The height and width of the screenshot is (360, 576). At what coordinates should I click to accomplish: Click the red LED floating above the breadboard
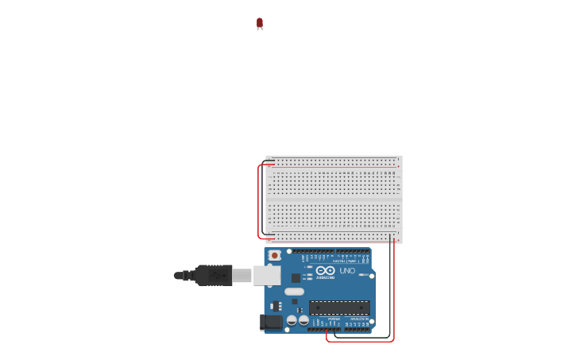[x=260, y=23]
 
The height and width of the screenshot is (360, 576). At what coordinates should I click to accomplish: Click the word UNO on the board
[x=347, y=271]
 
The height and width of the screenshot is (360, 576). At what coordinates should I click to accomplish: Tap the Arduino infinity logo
[x=325, y=270]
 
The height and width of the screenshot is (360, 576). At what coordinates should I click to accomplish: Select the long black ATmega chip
[x=339, y=308]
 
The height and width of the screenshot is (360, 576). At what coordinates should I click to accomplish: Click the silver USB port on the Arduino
[x=266, y=276]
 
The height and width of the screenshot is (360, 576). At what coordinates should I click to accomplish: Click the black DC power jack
[x=271, y=322]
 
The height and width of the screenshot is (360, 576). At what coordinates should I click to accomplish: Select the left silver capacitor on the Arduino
[x=292, y=320]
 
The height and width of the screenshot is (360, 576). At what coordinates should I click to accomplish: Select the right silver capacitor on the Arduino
[x=303, y=320]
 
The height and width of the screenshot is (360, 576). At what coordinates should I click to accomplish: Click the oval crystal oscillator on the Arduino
[x=295, y=292]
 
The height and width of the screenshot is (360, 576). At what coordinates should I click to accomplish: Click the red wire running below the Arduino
[x=359, y=342]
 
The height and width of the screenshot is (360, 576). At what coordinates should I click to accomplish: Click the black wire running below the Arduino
[x=361, y=337]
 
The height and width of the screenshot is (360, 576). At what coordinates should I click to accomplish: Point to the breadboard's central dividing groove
[x=334, y=199]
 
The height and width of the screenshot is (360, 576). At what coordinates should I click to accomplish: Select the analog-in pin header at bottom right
[x=358, y=329]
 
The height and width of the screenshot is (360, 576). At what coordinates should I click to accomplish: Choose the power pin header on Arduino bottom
[x=326, y=329]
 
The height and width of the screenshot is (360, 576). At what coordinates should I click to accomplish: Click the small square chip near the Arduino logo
[x=296, y=278]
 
